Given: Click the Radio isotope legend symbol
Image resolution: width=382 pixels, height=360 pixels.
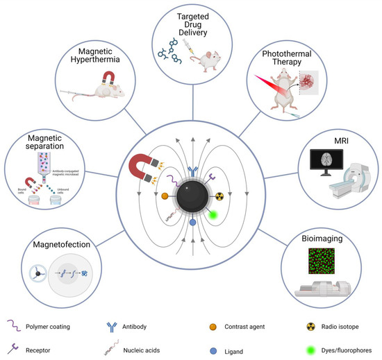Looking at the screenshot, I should [307, 323].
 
